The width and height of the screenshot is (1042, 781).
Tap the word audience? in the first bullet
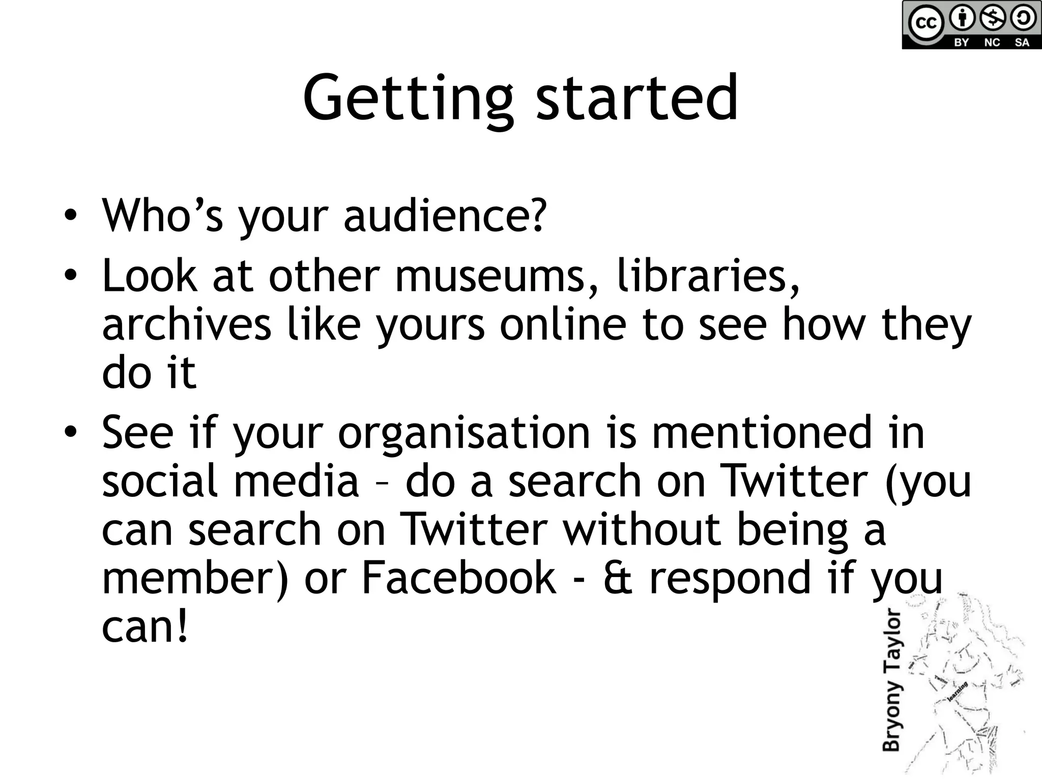point(445,216)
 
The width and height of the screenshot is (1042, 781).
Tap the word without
point(642,529)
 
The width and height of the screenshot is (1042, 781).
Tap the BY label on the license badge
point(961,43)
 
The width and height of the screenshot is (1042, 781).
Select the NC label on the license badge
point(992,43)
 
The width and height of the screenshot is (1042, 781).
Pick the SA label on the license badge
point(1022,43)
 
